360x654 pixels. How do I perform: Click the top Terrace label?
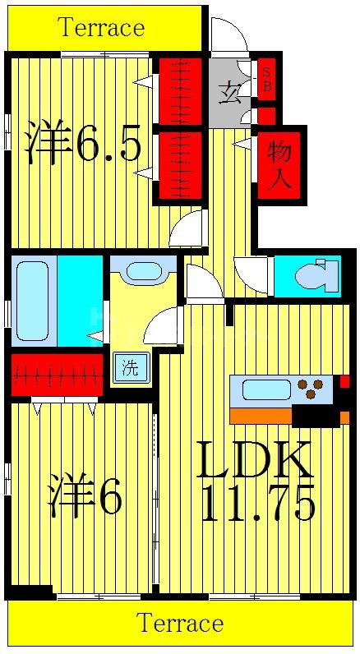tap(101, 28)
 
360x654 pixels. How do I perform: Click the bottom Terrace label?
tap(180, 624)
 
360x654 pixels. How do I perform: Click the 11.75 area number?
tap(258, 505)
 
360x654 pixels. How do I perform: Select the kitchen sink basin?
tap(265, 389)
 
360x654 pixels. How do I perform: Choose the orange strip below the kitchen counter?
tap(261, 416)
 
